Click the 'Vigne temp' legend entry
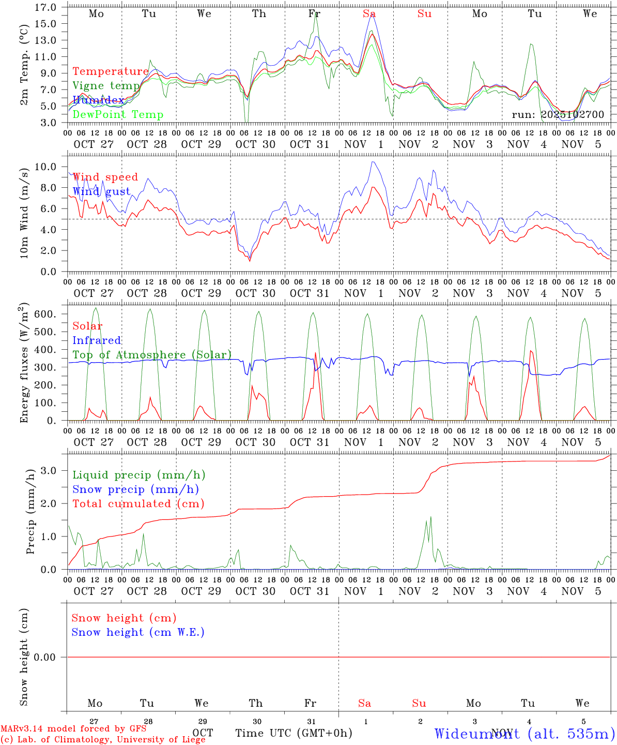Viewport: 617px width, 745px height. (x=106, y=86)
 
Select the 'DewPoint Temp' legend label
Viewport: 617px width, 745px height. (x=118, y=115)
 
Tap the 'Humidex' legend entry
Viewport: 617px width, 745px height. (x=98, y=100)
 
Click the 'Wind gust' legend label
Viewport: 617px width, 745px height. (x=101, y=191)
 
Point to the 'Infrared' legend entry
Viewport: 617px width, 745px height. (x=97, y=340)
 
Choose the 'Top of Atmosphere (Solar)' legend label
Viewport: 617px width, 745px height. (x=152, y=355)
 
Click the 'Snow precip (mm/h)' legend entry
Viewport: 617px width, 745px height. (x=135, y=489)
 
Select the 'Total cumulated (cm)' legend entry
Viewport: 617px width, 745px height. (x=138, y=504)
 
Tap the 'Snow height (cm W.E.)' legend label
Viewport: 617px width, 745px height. (x=138, y=632)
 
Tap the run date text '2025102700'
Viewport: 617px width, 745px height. (x=573, y=115)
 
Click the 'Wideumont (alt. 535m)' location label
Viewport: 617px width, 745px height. (x=525, y=734)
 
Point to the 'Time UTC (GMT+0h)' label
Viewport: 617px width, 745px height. (x=294, y=733)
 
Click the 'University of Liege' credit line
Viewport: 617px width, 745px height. (x=103, y=740)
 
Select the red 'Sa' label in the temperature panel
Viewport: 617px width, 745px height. (x=369, y=14)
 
